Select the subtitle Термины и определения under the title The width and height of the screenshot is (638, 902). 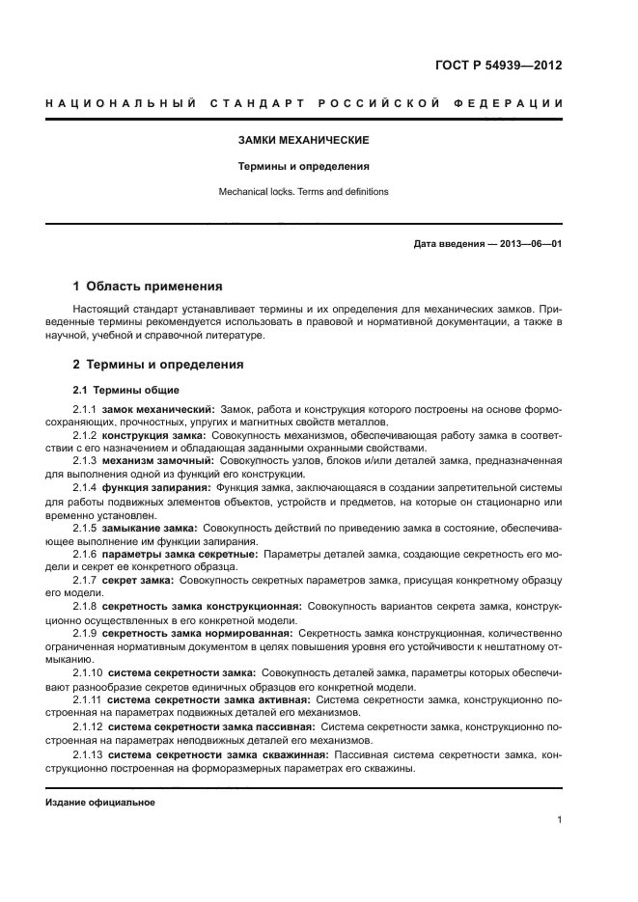pyautogui.click(x=304, y=166)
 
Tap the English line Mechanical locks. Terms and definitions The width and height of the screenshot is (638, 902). pyautogui.click(x=304, y=192)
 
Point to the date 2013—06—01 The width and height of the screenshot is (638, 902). pyautogui.click(x=527, y=244)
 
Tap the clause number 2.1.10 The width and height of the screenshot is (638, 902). pyautogui.click(x=87, y=671)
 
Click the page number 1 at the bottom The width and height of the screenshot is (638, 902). pyautogui.click(x=559, y=820)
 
